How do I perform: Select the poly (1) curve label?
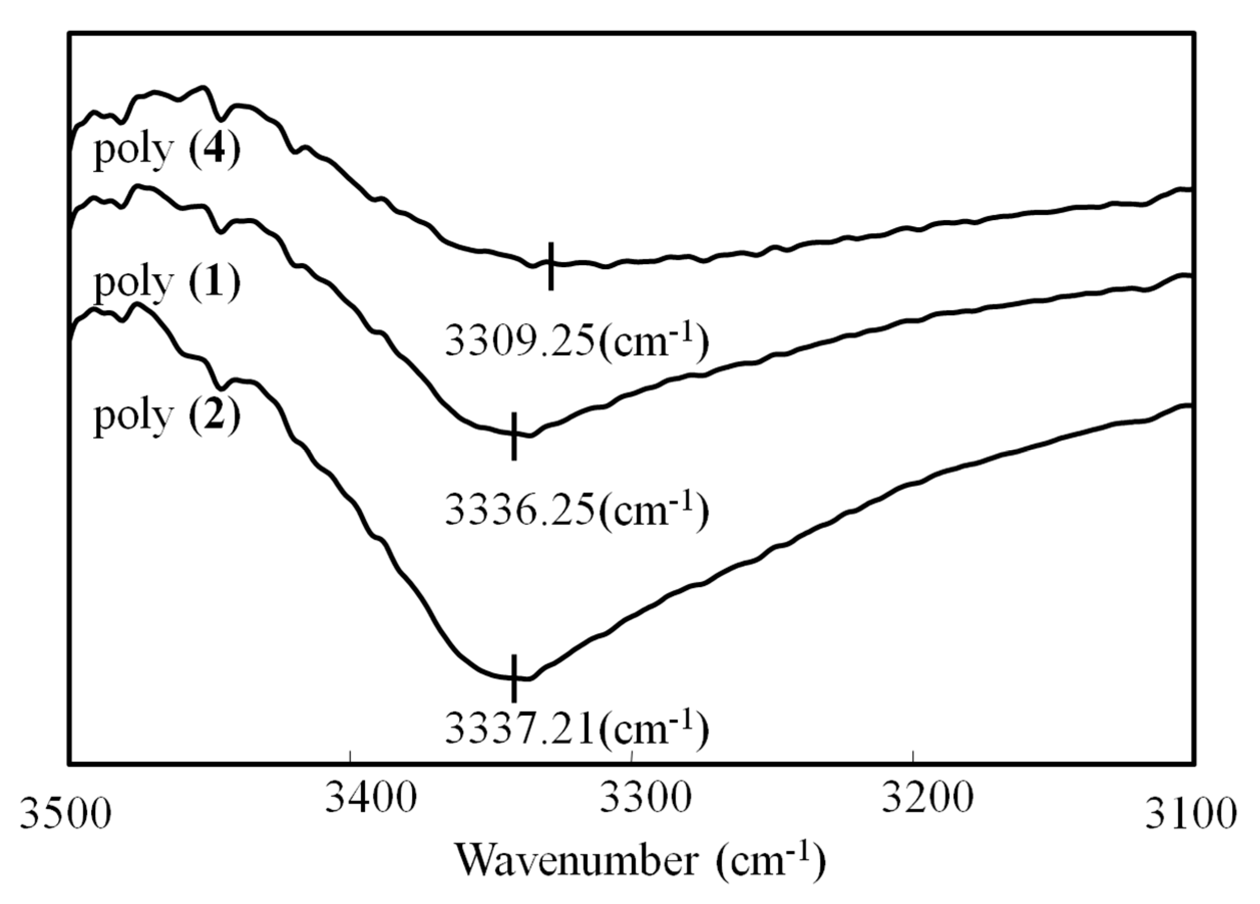pyautogui.click(x=167, y=282)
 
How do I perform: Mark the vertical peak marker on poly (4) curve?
pyautogui.click(x=550, y=266)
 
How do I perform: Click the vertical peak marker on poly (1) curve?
pyautogui.click(x=514, y=436)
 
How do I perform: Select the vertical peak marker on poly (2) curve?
pyautogui.click(x=514, y=678)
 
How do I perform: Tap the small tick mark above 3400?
pyautogui.click(x=350, y=757)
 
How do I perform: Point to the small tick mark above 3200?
pyautogui.click(x=913, y=757)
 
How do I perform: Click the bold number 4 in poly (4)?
pyautogui.click(x=215, y=149)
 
